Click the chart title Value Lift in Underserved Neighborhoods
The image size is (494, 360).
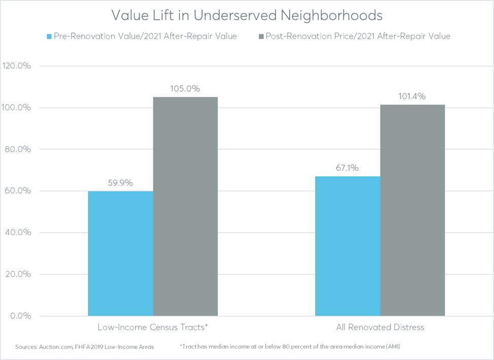[x=247, y=16]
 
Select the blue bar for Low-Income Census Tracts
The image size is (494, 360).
[x=120, y=254]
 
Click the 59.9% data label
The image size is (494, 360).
[x=120, y=183]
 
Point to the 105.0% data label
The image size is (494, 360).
[x=185, y=89]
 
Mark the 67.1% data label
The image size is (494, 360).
[x=347, y=168]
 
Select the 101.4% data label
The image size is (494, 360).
[x=412, y=96]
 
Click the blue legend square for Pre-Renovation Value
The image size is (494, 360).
[x=49, y=37]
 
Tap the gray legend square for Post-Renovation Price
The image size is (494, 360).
[x=262, y=37]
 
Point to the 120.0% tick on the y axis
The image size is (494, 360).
[x=17, y=66]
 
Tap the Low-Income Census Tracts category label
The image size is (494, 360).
[x=153, y=328]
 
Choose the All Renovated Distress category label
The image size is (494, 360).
[x=380, y=328]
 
